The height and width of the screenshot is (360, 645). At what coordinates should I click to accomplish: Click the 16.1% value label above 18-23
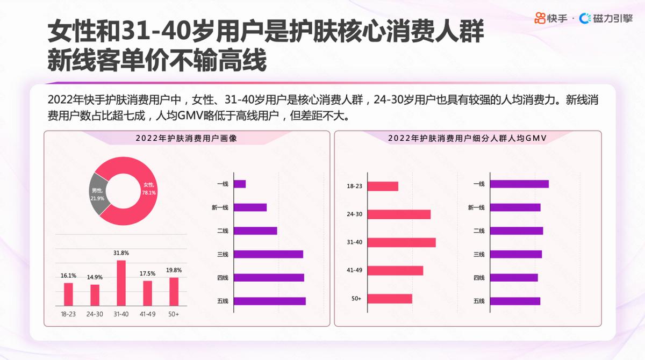point(68,276)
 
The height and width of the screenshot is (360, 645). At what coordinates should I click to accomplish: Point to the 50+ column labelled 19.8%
point(174,291)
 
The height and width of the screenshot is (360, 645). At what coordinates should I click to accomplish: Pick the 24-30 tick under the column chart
point(95,314)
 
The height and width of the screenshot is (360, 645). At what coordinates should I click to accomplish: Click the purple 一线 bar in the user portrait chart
point(240,184)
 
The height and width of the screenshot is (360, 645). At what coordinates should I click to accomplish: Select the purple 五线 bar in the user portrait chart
point(270,301)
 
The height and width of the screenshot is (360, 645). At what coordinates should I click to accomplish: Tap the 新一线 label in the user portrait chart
point(220,207)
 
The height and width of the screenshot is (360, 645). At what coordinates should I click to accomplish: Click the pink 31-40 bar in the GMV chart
point(401,242)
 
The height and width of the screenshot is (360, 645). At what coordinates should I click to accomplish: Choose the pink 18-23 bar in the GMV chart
point(383,186)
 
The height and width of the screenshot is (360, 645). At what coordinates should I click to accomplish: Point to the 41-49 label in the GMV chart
point(355,270)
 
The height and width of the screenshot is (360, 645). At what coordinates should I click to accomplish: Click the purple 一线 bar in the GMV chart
point(519,184)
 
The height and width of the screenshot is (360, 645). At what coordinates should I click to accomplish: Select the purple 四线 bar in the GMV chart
point(514,278)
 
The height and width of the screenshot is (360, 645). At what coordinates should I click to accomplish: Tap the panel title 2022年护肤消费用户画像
point(187,138)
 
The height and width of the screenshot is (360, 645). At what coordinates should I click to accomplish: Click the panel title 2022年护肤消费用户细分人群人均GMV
point(467,138)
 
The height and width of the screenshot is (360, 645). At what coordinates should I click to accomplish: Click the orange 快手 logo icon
point(540,19)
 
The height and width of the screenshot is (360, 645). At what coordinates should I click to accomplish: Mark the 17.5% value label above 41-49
point(147,273)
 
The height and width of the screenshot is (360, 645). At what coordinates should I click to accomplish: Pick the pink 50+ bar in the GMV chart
point(390,298)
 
